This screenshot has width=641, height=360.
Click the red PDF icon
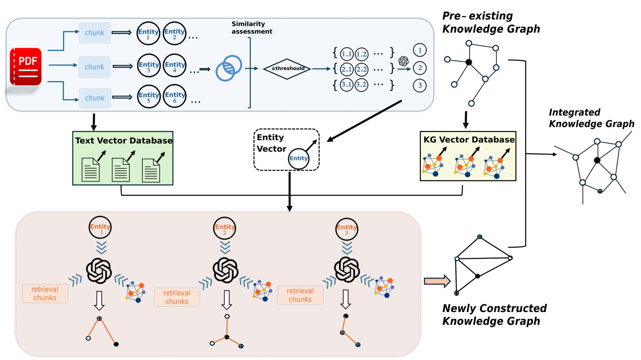point(26,67)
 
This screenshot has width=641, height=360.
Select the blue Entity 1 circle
point(148,33)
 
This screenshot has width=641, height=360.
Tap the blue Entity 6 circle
point(175,96)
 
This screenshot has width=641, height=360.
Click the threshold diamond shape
point(287,69)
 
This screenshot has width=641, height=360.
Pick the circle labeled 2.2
point(361,70)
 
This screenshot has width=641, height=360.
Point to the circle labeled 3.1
point(347,85)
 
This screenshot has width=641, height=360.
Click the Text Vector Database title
point(124,141)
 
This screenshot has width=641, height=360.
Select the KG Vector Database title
point(469,139)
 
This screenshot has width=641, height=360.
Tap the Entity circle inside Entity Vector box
point(298,158)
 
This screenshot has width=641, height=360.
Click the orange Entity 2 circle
point(225,228)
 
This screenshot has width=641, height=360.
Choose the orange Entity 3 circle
point(347,229)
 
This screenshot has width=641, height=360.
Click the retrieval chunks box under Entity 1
point(45,294)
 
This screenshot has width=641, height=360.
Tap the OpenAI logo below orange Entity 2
point(225,270)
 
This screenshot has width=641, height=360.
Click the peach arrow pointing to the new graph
point(437,281)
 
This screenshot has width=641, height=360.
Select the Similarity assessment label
point(252,28)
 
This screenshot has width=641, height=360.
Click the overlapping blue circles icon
point(229,68)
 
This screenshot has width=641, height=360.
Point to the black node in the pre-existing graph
point(468,62)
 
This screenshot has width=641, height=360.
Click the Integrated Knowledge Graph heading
point(591,118)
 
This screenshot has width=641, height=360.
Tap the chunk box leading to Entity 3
point(94,67)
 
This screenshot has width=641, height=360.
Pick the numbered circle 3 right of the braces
point(420,85)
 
